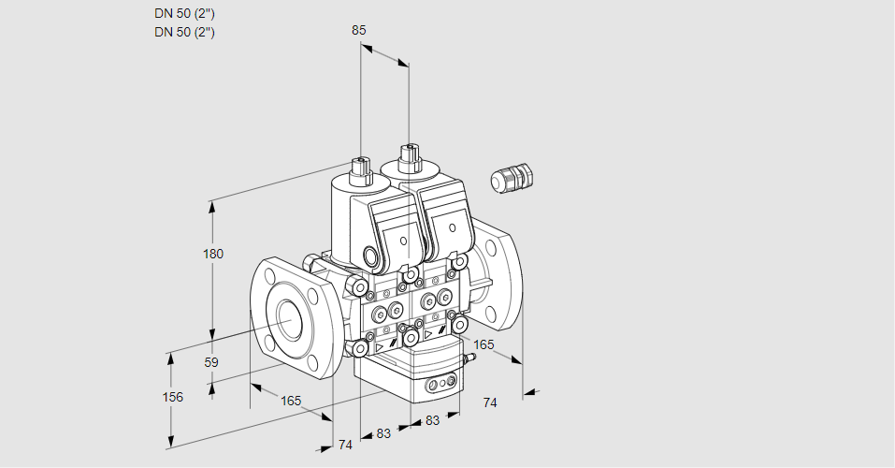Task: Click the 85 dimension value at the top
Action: click(359, 30)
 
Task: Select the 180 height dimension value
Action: click(215, 254)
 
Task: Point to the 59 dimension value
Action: click(211, 362)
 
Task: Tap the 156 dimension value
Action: click(172, 397)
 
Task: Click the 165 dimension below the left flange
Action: click(291, 401)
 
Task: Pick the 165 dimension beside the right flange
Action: click(483, 345)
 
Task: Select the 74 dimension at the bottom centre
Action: click(345, 445)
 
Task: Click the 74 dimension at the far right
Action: click(489, 402)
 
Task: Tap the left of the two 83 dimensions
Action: click(383, 432)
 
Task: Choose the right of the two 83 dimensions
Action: click(432, 420)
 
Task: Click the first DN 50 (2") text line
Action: click(185, 14)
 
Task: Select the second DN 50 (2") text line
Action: click(185, 33)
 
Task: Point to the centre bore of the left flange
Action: click(287, 320)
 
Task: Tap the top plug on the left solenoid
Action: click(361, 168)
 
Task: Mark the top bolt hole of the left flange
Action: click(270, 276)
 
